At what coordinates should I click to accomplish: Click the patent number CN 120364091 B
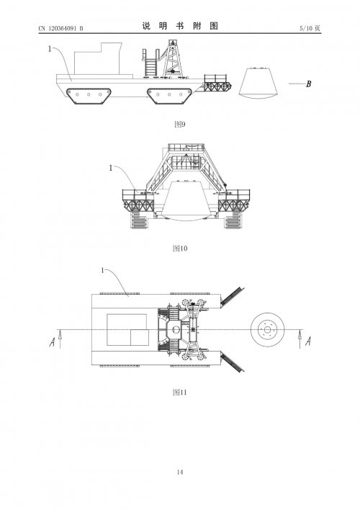coord(60,28)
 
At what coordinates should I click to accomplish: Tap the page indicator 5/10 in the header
coord(306,28)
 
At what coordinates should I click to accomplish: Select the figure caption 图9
coord(180,124)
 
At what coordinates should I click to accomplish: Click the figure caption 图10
coord(180,249)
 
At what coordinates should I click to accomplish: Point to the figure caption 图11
coord(180,393)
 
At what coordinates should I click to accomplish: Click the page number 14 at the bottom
coord(180,473)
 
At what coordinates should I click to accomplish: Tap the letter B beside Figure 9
coord(309,84)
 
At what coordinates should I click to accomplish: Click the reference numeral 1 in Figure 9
coord(50,49)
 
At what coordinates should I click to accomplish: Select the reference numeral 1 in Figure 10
coord(111,168)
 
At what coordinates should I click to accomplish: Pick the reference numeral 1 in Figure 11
coord(103,271)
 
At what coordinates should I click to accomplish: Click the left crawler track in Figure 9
coord(89,97)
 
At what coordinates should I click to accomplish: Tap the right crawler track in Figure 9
coord(169,97)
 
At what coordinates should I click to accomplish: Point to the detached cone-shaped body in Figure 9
coord(258,83)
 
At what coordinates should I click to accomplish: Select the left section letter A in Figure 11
coord(52,342)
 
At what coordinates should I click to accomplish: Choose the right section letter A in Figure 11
coord(308,341)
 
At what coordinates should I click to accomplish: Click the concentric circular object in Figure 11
coord(267,330)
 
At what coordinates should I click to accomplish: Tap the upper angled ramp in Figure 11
coord(232,297)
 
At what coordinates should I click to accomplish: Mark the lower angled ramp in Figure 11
coord(232,362)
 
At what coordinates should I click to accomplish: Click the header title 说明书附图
coord(180,26)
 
